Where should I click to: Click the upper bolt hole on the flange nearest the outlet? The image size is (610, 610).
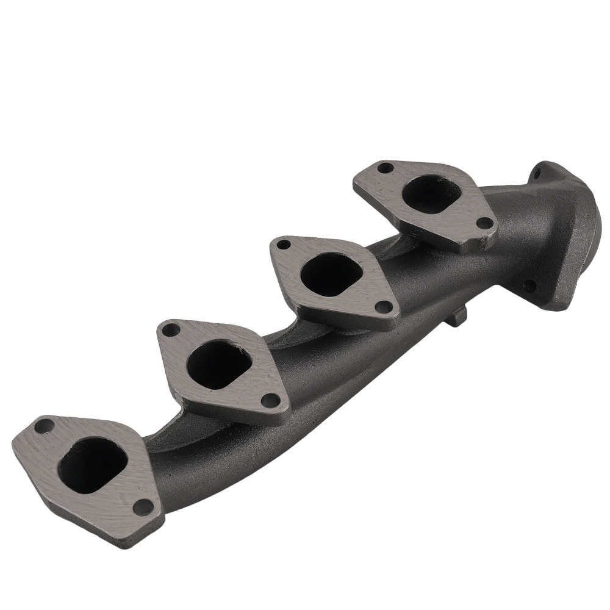coord(384,167)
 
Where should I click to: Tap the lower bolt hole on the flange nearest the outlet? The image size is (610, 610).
coord(484,224)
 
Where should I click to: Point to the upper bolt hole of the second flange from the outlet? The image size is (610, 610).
coord(283,245)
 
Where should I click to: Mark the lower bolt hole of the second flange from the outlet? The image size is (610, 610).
coord(383,307)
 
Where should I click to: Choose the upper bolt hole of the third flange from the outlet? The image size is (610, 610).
coord(171,330)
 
